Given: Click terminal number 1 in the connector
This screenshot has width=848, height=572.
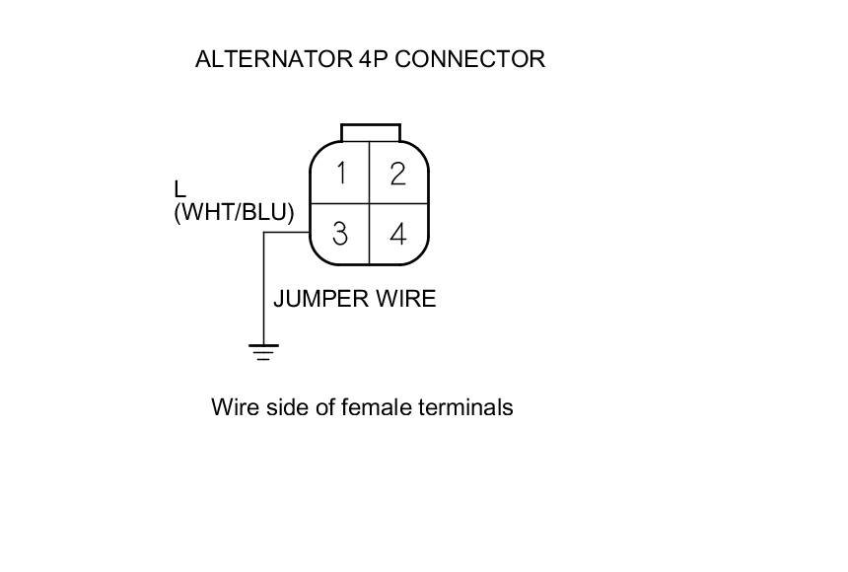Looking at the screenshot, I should click(x=340, y=174).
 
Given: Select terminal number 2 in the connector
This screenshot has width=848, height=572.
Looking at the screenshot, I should click(x=397, y=174).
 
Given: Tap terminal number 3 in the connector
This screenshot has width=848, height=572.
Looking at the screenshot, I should click(x=340, y=234).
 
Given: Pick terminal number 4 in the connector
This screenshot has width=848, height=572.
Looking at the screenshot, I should click(x=397, y=234).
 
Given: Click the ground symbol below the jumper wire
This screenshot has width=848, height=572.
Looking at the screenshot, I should click(x=263, y=351).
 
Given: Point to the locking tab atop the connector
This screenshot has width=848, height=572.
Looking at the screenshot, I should click(x=370, y=132).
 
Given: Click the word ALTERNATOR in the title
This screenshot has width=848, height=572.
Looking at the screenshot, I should click(x=273, y=59).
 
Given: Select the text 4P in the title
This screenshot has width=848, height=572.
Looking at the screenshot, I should click(x=375, y=59).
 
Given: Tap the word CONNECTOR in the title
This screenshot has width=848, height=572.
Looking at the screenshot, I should click(x=470, y=59).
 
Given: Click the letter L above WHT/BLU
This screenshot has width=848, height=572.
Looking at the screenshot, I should click(x=179, y=189).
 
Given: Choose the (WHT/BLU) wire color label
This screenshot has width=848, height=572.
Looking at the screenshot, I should click(x=234, y=212).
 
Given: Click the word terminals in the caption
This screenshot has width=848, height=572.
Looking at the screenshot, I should click(x=469, y=407).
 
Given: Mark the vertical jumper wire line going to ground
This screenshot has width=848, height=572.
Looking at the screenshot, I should click(x=263, y=291).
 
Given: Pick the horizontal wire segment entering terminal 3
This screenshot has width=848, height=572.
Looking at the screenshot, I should click(x=286, y=233).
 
